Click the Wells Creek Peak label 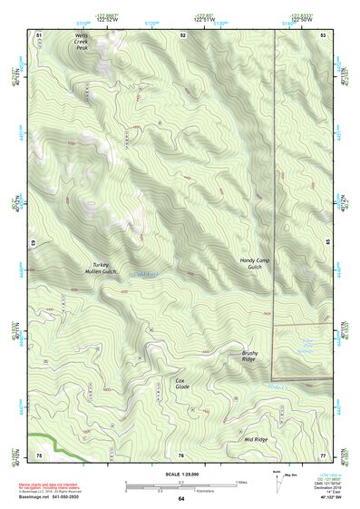83,41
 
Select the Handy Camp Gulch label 257,263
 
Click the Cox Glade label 182,383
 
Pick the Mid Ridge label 257,439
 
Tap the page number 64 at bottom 180,498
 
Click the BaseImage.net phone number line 57,497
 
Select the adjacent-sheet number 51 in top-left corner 39,34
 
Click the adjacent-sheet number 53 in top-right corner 324,34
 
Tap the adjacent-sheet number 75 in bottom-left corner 39,454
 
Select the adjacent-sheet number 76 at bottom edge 181,454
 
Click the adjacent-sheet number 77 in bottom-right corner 324,454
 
